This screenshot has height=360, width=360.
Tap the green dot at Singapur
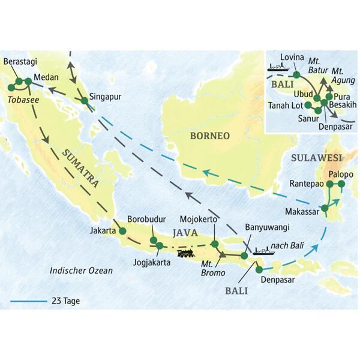(x=84, y=100)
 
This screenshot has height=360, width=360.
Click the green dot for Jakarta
(x=122, y=230)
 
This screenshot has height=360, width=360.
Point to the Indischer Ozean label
(x=81, y=271)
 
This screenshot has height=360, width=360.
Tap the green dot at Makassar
(x=324, y=208)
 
